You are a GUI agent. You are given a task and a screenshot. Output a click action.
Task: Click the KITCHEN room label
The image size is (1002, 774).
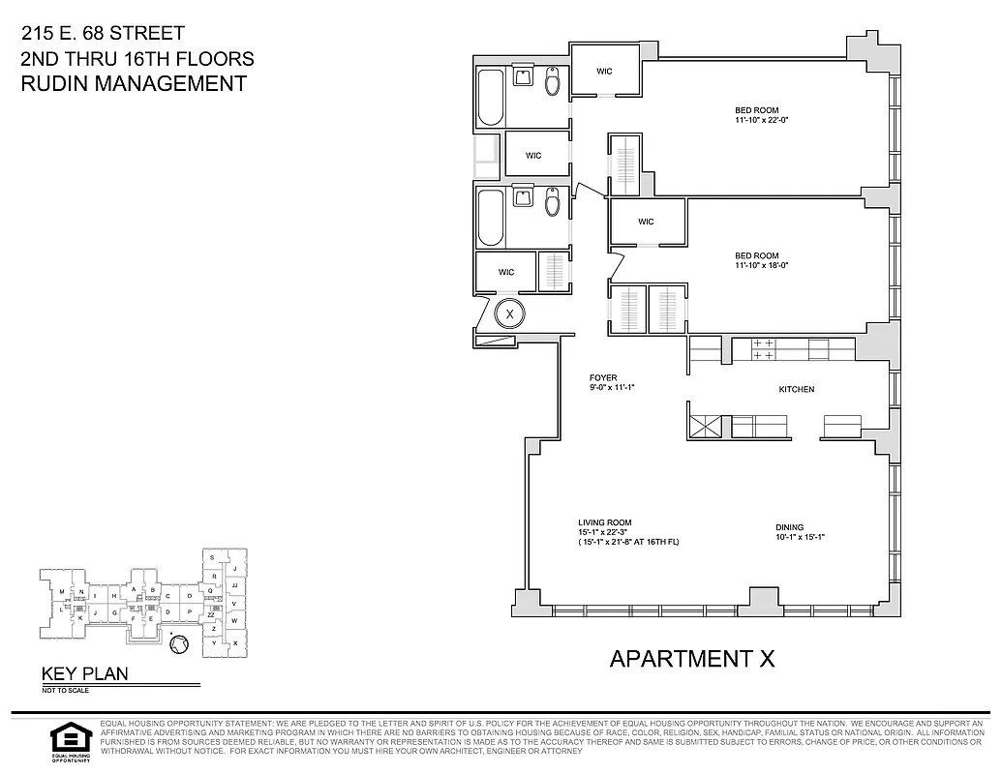pos(797,389)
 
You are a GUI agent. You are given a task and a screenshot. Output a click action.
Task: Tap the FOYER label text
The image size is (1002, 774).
pos(603,377)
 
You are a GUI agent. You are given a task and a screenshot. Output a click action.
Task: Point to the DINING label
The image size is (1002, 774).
pos(789,527)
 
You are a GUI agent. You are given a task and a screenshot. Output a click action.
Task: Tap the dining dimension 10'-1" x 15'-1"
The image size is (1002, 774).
pos(799,537)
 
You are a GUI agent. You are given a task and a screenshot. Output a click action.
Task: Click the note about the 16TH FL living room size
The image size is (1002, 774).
pos(628,542)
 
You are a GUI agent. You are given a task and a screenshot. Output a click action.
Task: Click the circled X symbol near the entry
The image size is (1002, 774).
pos(509,313)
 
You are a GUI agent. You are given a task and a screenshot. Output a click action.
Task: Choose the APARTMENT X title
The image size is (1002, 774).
pos(692,659)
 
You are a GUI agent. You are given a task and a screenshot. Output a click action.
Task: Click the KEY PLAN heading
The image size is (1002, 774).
pos(83,674)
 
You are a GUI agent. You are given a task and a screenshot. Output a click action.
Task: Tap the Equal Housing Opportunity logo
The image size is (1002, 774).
pos(69,741)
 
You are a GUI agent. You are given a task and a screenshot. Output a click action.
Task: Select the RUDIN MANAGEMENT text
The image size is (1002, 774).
pos(134,84)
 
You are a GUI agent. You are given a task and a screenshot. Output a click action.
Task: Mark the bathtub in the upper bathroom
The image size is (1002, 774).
pos(490,98)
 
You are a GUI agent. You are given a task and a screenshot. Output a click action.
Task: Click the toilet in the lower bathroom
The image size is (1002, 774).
pos(553,203)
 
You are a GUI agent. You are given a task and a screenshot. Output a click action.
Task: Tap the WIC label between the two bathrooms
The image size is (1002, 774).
pos(533,156)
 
